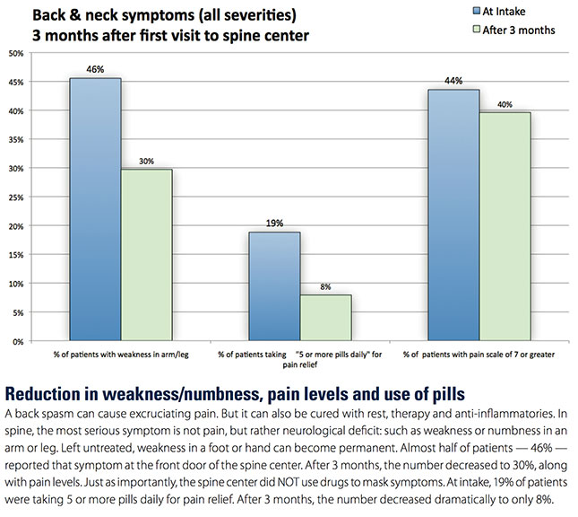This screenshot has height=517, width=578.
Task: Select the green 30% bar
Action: click(x=147, y=255)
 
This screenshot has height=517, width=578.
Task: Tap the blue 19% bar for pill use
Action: click(x=274, y=286)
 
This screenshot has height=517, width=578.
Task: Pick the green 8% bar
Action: click(x=326, y=318)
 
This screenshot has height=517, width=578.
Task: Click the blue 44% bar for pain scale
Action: click(x=453, y=215)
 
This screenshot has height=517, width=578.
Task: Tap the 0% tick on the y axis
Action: click(x=17, y=342)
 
